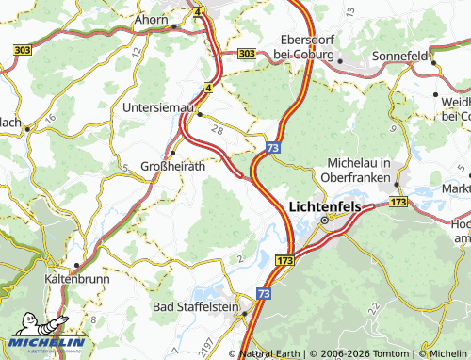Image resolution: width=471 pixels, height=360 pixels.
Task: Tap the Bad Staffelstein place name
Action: coord(196,307)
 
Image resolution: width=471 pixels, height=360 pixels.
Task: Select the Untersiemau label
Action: coord(157,108)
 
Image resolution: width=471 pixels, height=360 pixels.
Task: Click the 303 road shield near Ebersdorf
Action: coord(246,55)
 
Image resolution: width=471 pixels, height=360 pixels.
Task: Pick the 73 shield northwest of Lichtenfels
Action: coord(271,148)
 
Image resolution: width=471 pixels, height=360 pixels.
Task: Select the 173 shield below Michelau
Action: coord(398,203)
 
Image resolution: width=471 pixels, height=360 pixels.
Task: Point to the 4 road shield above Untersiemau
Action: coord(206,88)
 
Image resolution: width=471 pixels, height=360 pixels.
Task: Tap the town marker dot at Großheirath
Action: coord(171,154)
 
